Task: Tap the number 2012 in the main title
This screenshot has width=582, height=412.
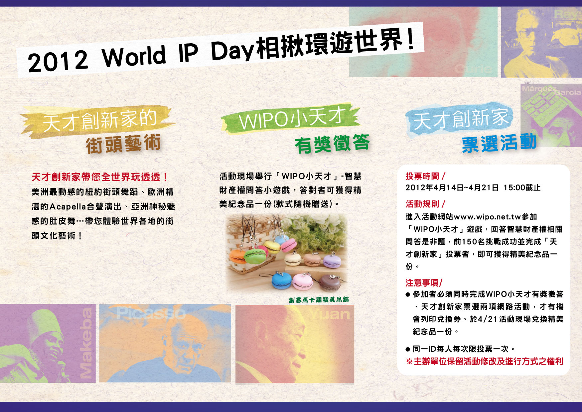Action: tap(58, 61)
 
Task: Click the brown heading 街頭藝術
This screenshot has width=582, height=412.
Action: tap(123, 144)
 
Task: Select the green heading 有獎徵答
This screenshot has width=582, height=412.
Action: tap(332, 144)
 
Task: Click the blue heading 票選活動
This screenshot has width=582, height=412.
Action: tap(499, 143)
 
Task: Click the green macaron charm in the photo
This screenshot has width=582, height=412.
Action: tap(255, 255)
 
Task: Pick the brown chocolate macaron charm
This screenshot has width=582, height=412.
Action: tap(330, 283)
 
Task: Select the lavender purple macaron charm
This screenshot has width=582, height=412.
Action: tap(332, 261)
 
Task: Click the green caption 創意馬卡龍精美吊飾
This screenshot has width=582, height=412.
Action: tap(319, 300)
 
